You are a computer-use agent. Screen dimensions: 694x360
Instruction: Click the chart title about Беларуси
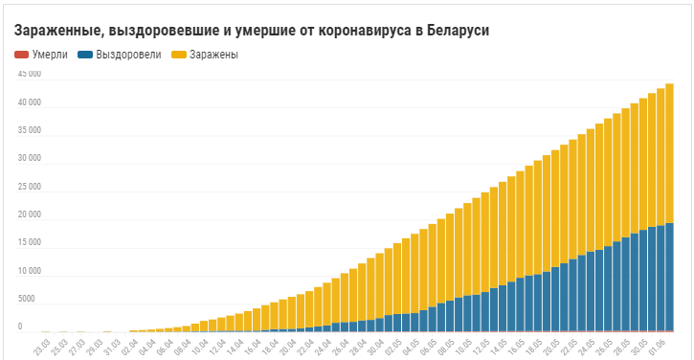pos(252,31)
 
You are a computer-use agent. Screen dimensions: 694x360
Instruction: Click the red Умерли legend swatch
pos(22,55)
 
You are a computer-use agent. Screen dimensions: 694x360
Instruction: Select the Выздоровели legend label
pos(128,55)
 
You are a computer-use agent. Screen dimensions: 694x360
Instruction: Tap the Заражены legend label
pos(213,55)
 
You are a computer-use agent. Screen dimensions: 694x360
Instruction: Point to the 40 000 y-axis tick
pos(30,102)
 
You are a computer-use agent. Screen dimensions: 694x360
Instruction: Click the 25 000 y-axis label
pos(30,187)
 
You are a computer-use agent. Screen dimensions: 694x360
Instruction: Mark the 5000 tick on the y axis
pos(26,299)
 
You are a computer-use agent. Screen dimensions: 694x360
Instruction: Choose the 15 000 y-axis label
pos(30,242)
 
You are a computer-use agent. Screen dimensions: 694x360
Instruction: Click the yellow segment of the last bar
pos(669,153)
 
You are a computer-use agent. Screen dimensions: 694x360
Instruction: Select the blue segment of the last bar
pos(669,277)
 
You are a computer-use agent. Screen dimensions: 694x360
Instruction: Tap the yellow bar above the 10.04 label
pos(204,326)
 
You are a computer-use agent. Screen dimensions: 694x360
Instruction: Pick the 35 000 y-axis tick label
pos(30,130)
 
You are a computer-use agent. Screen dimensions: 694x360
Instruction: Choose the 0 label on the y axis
pos(20,326)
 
